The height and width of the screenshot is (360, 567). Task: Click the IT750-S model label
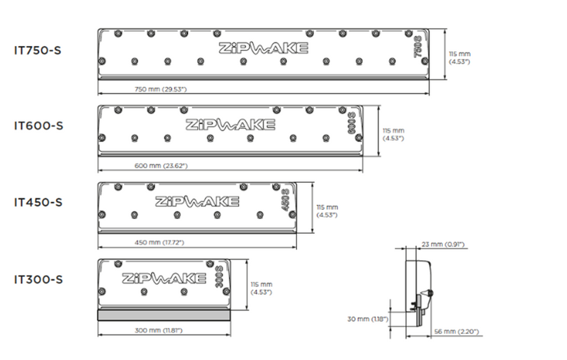[x=38, y=50]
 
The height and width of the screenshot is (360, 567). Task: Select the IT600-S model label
[x=38, y=125]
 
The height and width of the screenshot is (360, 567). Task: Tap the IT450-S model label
[x=38, y=203]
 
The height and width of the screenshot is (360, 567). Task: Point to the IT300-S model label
[x=38, y=279]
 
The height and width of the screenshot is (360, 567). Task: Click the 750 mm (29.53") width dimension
[x=161, y=89]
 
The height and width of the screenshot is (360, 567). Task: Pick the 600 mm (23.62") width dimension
[x=161, y=166]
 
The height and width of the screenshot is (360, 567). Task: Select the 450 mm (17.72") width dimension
[x=159, y=242]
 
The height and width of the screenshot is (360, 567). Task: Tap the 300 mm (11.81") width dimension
[x=158, y=330]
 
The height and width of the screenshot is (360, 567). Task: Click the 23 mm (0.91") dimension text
[x=442, y=244]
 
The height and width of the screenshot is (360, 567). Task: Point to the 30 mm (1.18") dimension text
[x=367, y=319]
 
